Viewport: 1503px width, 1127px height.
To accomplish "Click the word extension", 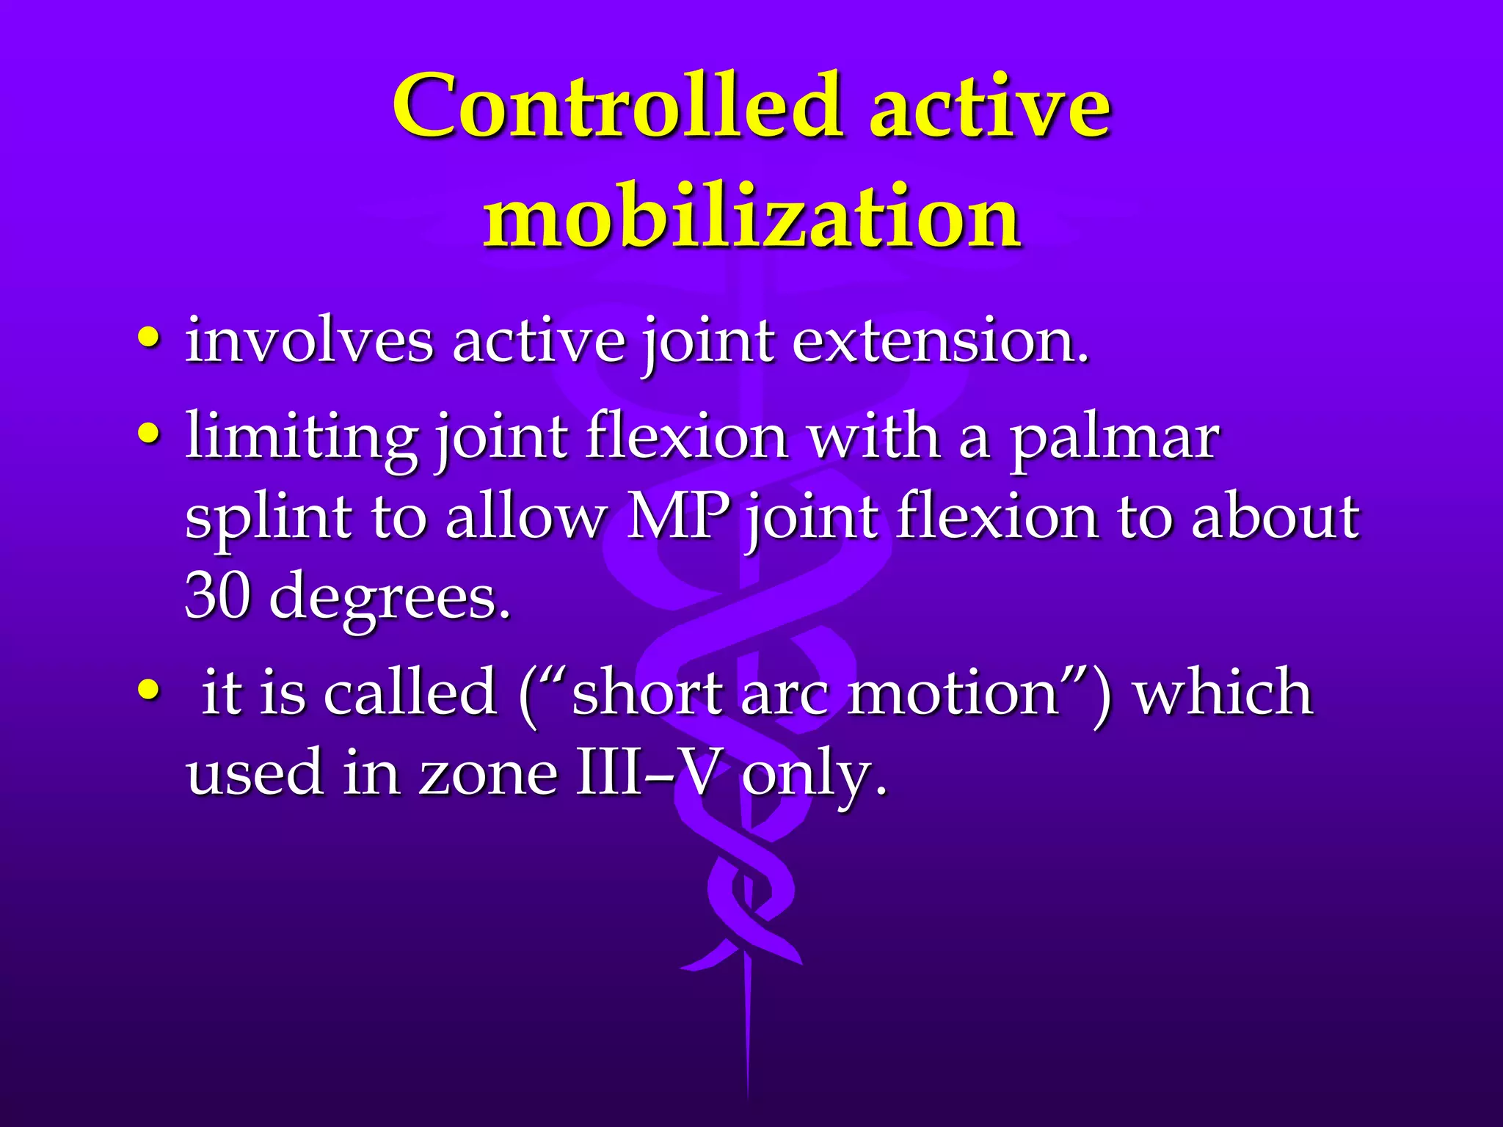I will [939, 341].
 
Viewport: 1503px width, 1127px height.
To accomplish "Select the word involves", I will [309, 341].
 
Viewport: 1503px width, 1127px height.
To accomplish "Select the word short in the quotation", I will [647, 693].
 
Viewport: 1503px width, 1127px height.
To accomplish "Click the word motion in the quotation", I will [953, 693].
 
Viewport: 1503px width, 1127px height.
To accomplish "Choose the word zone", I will [488, 773].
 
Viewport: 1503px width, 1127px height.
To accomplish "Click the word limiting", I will [302, 439].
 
